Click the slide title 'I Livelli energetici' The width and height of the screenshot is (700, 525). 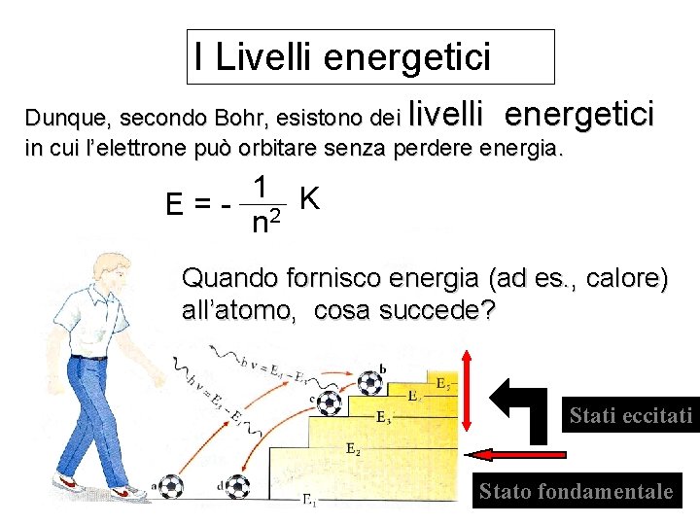pos(342,57)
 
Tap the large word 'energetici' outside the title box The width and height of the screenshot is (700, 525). pos(578,115)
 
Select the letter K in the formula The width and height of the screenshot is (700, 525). pos(310,198)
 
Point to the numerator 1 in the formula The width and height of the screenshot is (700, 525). pos(260,187)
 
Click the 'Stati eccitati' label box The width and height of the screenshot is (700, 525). pos(630,416)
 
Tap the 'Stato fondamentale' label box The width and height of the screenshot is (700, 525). pos(576,491)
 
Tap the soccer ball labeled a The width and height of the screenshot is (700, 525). pos(170,485)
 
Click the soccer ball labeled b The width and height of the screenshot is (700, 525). pos(369,382)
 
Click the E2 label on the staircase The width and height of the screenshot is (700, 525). pos(353,449)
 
